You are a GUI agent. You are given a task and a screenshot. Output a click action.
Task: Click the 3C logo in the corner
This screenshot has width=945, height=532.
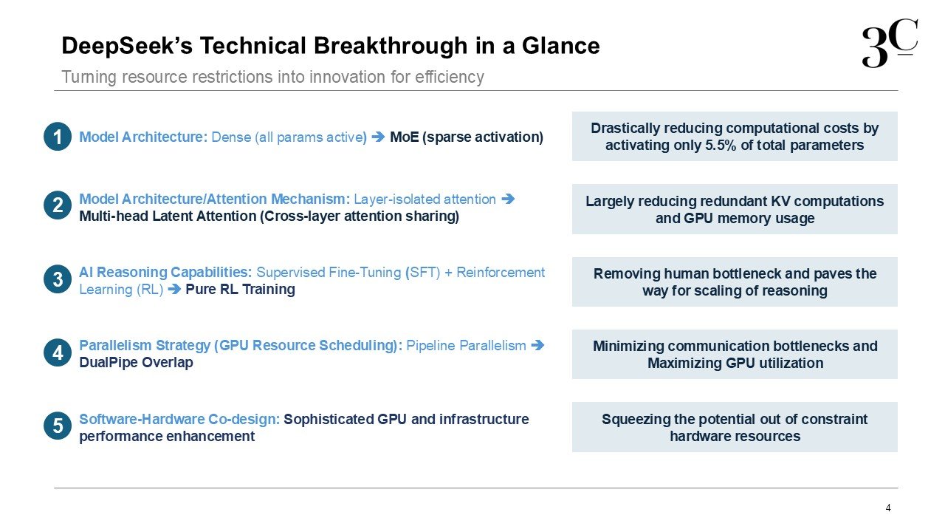[x=890, y=43]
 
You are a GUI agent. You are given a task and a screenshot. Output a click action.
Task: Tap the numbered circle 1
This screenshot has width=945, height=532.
[x=58, y=137]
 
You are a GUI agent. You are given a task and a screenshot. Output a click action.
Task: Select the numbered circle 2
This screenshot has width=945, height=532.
[x=58, y=205]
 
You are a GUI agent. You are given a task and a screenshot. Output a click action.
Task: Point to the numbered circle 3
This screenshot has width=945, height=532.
[x=58, y=279]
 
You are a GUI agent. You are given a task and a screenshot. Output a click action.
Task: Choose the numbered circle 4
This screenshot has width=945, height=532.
[x=58, y=352]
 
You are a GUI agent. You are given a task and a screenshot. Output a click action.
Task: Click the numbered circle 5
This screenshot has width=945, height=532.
[x=58, y=426]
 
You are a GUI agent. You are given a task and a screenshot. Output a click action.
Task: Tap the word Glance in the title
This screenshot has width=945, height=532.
[x=560, y=46]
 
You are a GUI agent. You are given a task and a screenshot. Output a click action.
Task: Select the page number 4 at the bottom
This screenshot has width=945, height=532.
[x=888, y=508]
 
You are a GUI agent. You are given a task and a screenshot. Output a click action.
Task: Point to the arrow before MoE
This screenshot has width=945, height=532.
[x=378, y=137]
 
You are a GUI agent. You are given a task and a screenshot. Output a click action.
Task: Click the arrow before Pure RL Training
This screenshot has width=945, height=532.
[x=174, y=289]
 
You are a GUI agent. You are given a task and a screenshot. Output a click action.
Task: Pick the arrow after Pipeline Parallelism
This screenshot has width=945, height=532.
[x=537, y=345]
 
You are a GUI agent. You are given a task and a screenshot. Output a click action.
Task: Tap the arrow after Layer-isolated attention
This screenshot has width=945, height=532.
[x=508, y=199]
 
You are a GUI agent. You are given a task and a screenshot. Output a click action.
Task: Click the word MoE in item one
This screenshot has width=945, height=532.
[x=404, y=137]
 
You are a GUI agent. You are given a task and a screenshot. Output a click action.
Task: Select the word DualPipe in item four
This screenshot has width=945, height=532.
[x=109, y=362]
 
